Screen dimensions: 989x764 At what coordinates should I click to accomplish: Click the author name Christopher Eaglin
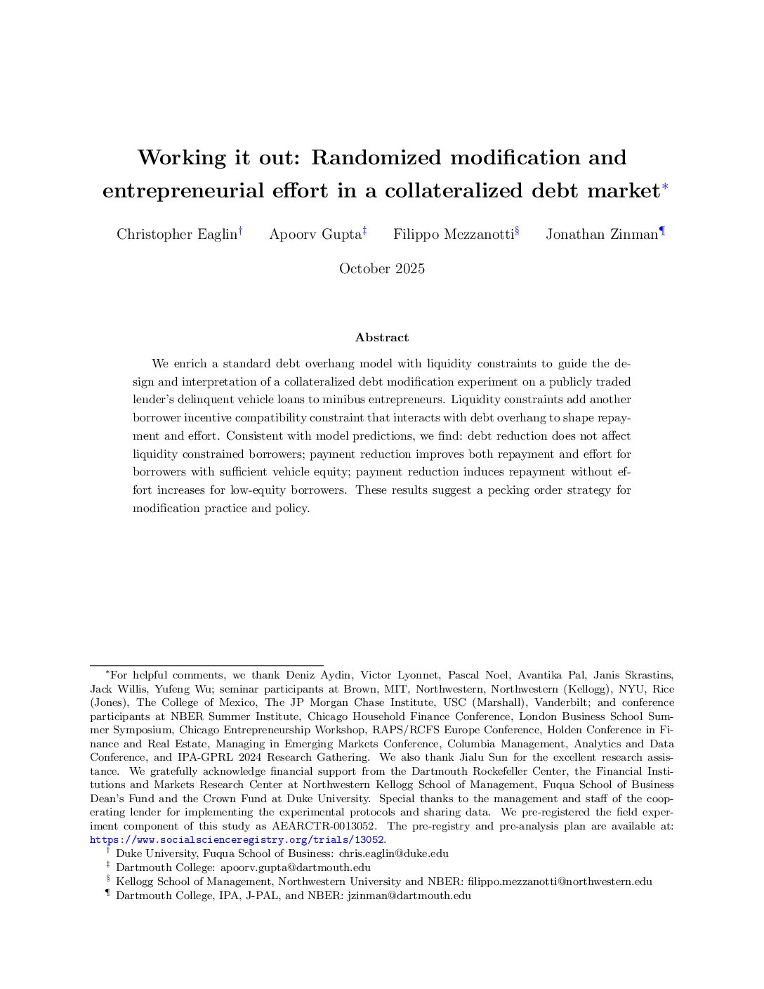point(177,234)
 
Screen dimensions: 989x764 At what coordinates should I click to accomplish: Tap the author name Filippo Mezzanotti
point(453,234)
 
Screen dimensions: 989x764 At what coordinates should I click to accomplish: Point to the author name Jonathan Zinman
point(602,234)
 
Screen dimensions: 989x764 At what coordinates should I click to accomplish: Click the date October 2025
point(382,268)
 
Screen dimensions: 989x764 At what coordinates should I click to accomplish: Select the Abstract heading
point(382,337)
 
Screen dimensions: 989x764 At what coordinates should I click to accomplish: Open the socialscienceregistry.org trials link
point(237,840)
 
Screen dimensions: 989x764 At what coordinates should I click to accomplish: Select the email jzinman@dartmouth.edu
point(409,896)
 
